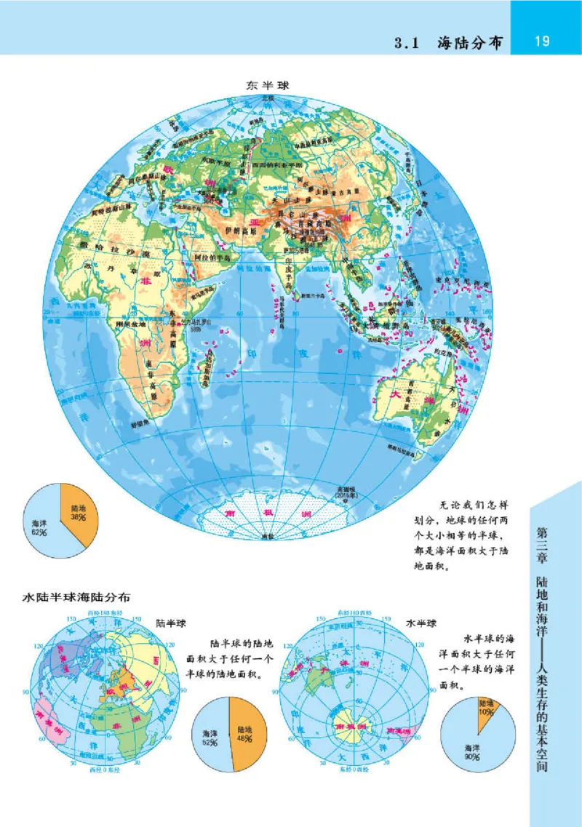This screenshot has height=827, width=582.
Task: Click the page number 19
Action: click(x=541, y=40)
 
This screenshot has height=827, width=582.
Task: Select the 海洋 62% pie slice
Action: click(x=42, y=525)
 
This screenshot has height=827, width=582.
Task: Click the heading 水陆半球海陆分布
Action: click(x=77, y=598)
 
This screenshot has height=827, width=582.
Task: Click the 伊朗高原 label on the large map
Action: click(x=242, y=231)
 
